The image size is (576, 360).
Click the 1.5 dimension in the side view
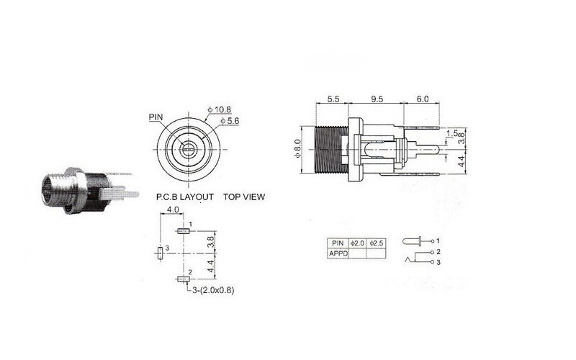coord(451,134)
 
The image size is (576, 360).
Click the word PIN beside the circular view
coord(156,116)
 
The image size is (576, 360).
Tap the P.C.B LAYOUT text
coord(184,196)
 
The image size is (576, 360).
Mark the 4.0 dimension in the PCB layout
coord(173,210)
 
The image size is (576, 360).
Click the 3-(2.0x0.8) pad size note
coord(215,290)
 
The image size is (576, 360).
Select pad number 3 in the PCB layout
coord(160,253)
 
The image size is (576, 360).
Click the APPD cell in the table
coord(337,253)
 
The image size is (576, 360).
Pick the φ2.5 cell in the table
coord(377,243)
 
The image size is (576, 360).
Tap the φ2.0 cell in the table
coord(358,243)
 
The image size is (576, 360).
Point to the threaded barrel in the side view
coord(331,149)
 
